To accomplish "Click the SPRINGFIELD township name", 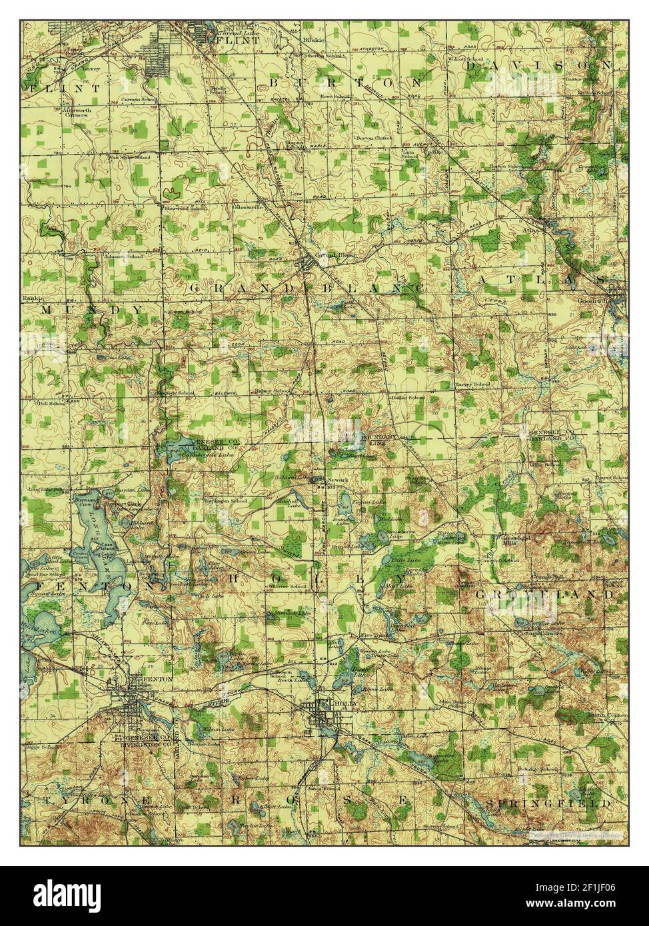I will pos(548,804).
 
